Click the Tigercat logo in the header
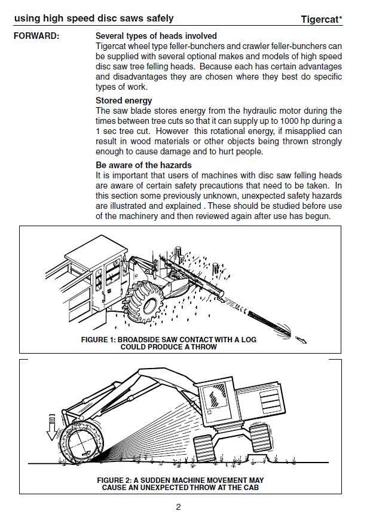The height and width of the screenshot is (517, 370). (322, 19)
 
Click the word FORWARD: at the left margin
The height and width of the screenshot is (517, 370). (36, 37)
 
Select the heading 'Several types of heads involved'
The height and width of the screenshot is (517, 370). (156, 37)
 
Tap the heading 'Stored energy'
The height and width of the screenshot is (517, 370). (124, 101)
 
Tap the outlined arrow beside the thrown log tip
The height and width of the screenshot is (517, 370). (301, 340)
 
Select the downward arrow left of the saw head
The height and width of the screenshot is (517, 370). (52, 425)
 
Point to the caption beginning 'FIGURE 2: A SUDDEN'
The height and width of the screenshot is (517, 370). (180, 480)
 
